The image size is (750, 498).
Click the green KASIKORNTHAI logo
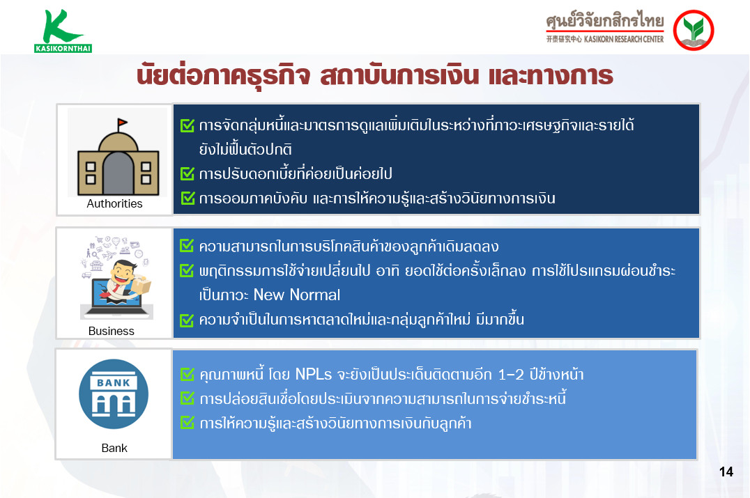[x=63, y=31]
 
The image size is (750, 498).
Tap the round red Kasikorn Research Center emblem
[x=693, y=30]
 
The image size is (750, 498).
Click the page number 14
[x=726, y=472]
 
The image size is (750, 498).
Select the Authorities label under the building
[x=114, y=203]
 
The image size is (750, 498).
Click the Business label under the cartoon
[x=111, y=331]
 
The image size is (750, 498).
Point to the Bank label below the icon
[x=114, y=448]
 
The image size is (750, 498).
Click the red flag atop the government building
[x=123, y=123]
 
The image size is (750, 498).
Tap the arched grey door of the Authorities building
[x=118, y=173]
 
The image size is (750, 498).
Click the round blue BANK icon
[x=114, y=394]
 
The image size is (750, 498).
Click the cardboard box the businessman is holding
[x=142, y=286]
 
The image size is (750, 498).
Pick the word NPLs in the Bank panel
[x=313, y=374]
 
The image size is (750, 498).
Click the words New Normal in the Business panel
[x=296, y=295]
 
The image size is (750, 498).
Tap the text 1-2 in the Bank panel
[x=511, y=375]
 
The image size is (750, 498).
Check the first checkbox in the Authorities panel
[x=187, y=125]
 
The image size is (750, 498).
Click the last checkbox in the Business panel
[x=187, y=320]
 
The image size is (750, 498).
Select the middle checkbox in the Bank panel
[x=187, y=398]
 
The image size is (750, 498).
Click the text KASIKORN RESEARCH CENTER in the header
[x=624, y=39]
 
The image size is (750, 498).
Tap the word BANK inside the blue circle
[x=114, y=383]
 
